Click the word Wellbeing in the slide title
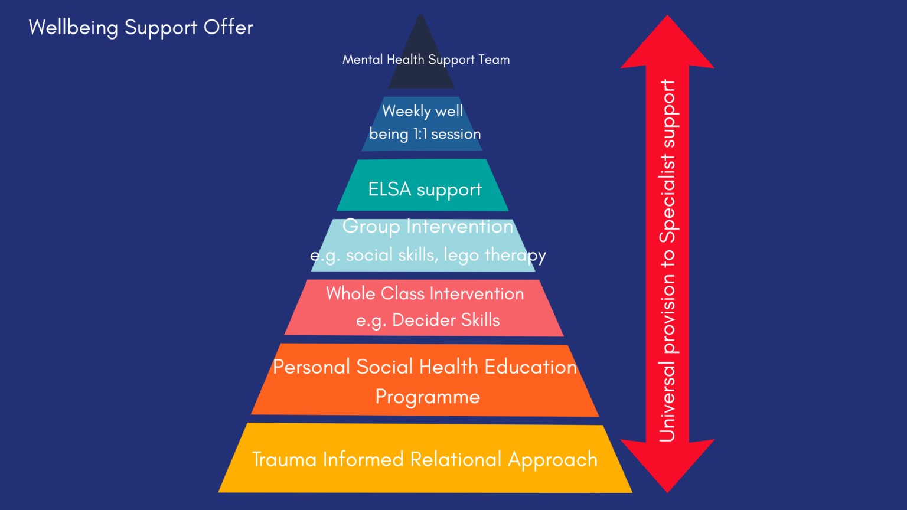click(x=73, y=28)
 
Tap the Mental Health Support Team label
click(x=426, y=60)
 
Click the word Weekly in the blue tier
click(x=406, y=111)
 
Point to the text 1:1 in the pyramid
click(x=420, y=134)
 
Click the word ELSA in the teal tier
click(x=389, y=189)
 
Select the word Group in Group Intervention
click(x=371, y=226)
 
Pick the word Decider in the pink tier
click(x=423, y=320)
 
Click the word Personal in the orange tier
click(x=311, y=367)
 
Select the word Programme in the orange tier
click(x=428, y=397)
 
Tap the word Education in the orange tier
click(x=530, y=367)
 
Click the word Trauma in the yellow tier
click(x=284, y=459)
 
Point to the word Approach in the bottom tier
click(x=553, y=460)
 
